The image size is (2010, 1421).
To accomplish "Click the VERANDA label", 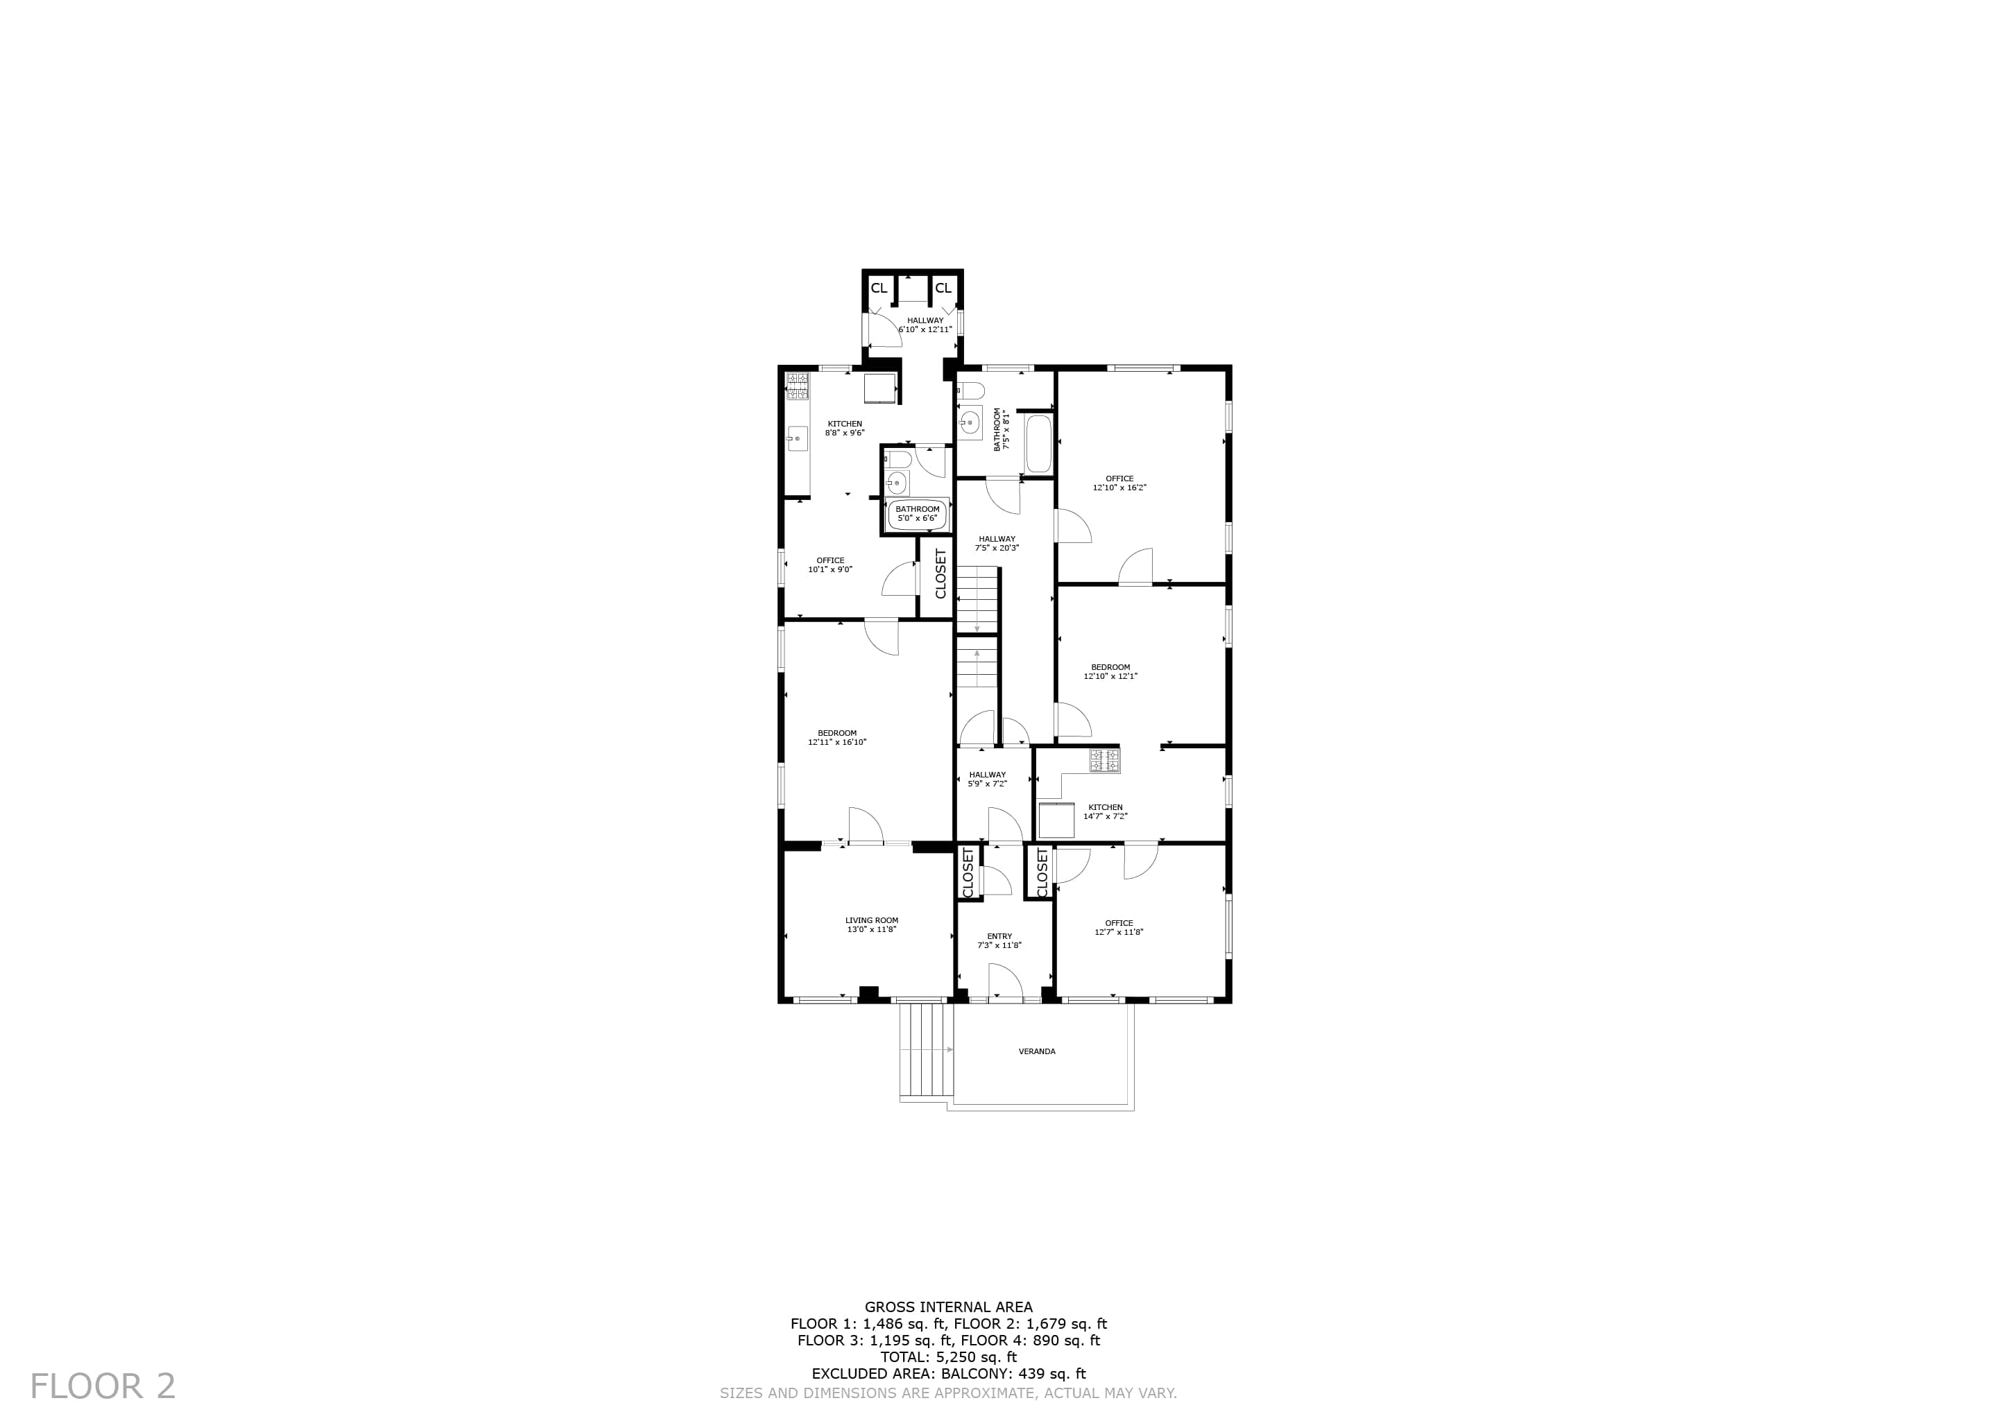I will tap(1036, 1051).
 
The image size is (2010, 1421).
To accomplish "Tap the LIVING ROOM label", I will tap(871, 920).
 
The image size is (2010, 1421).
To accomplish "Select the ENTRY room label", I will tap(999, 936).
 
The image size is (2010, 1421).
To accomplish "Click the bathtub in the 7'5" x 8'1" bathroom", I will tap(1038, 443).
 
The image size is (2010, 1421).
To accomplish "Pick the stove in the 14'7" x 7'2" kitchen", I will tap(1104, 760).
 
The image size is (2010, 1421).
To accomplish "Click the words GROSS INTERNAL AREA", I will tap(948, 1307).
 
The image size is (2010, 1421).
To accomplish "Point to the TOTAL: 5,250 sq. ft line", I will tap(948, 1357).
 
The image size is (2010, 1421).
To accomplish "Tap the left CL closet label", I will tap(878, 288).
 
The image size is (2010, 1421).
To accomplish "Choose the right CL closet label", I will tap(942, 288).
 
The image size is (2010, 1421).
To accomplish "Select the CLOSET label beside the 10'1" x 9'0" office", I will tap(941, 574).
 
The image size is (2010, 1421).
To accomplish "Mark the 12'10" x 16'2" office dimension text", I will tap(1119, 488).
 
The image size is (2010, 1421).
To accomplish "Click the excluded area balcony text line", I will tap(948, 1374).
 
